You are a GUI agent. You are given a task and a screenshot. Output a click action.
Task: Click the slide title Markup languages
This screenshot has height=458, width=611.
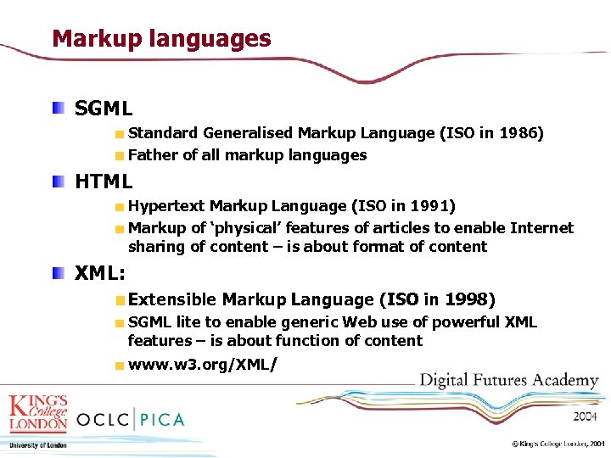point(161,39)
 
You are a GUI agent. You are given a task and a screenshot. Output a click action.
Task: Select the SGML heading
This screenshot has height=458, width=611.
point(104,109)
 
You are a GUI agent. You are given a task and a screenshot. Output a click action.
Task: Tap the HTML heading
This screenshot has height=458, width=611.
point(104,182)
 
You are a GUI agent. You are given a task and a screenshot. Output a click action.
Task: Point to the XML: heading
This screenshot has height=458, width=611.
point(100,274)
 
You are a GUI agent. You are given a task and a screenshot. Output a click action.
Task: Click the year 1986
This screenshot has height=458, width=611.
point(519,133)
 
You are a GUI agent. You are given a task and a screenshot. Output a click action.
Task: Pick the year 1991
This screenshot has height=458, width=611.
point(431,206)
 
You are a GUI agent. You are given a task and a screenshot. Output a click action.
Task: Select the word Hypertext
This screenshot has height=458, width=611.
point(166,206)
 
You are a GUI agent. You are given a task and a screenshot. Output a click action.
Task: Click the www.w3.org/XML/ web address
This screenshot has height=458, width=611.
point(202,365)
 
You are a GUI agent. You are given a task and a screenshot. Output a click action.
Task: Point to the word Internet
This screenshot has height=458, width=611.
point(541,228)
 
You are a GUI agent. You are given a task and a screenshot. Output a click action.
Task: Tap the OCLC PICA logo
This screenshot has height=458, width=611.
point(130,419)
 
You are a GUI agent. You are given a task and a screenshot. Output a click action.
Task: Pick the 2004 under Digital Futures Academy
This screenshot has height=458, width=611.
point(585,416)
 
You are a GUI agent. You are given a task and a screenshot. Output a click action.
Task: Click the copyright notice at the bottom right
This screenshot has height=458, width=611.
point(558,444)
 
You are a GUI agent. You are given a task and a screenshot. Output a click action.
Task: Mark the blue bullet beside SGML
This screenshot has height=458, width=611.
point(56,108)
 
